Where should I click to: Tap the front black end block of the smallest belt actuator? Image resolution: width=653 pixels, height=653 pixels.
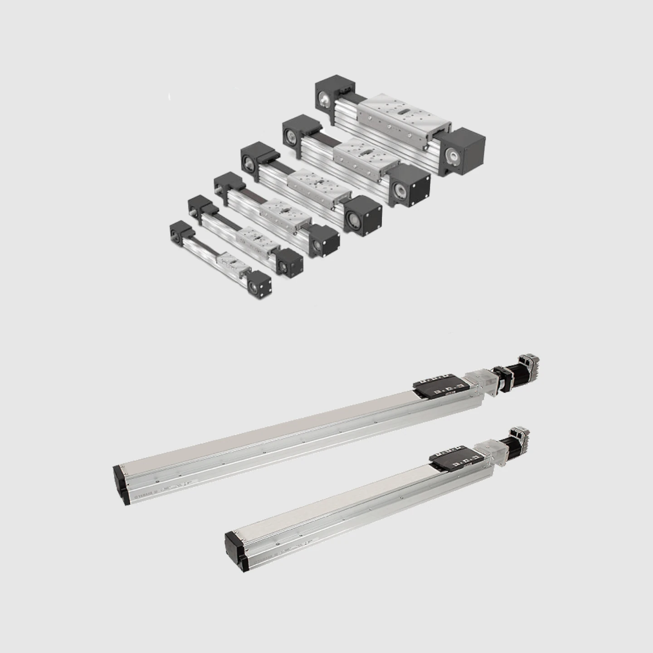(x=259, y=284)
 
